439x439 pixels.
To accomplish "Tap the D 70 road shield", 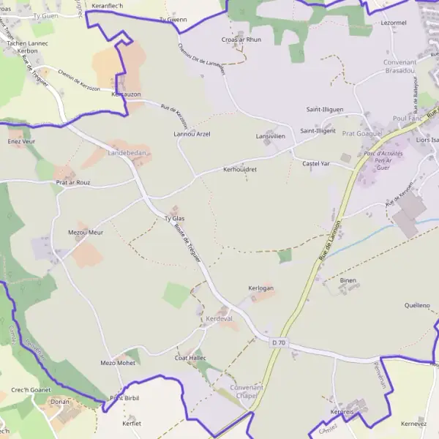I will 278,342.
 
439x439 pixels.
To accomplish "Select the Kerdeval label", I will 219,319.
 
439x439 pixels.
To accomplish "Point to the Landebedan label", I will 127,153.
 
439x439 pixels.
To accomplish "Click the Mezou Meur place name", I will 86,232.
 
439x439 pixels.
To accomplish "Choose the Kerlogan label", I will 260,288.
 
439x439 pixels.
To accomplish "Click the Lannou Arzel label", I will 192,135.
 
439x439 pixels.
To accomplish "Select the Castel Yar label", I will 317,164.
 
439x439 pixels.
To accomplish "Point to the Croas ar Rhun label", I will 241,40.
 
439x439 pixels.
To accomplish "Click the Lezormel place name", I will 394,23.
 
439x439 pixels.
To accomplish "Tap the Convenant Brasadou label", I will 399,67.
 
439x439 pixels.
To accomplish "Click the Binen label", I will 348,280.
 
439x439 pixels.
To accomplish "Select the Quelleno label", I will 417,304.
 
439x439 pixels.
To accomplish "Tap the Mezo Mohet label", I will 118,363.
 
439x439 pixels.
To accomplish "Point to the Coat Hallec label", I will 190,358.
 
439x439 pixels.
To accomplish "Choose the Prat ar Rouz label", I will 72,182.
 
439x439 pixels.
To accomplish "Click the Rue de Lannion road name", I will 331,239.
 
